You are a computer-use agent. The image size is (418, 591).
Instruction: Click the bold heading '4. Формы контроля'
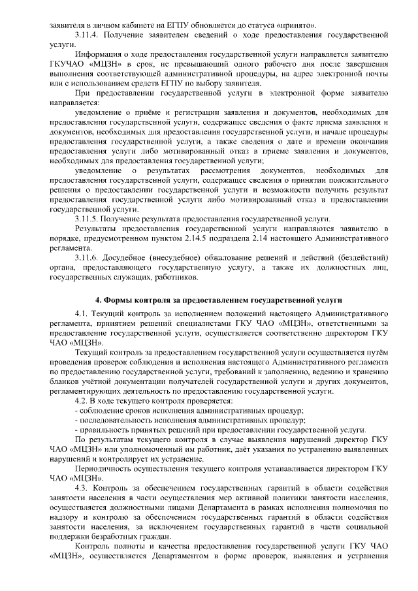tap(219, 300)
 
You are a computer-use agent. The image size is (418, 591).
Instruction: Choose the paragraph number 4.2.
tap(83, 400)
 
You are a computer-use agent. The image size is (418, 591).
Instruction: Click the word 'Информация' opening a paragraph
tap(99, 54)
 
